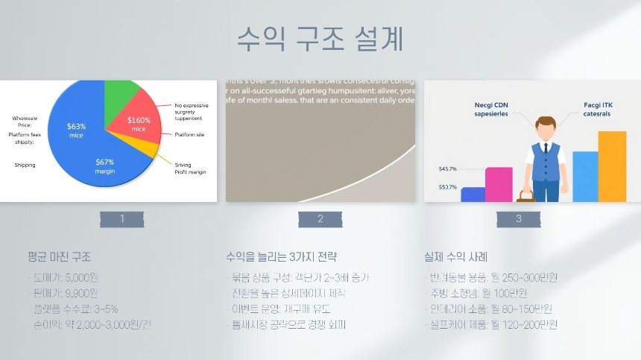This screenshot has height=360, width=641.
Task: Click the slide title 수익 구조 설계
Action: pyautogui.click(x=320, y=38)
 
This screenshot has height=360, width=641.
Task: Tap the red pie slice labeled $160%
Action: pyautogui.click(x=137, y=124)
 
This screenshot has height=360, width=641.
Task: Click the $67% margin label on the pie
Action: pyautogui.click(x=104, y=166)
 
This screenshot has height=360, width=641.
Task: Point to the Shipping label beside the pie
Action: pyautogui.click(x=25, y=165)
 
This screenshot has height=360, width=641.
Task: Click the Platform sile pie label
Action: pyautogui.click(x=189, y=135)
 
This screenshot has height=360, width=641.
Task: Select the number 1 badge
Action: pyautogui.click(x=122, y=219)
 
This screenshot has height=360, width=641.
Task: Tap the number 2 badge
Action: pyautogui.click(x=320, y=219)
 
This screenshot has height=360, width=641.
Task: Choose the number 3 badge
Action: pyautogui.click(x=519, y=219)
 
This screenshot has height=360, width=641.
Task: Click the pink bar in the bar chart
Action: pyautogui.click(x=499, y=184)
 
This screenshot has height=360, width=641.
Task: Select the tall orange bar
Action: pyautogui.click(x=612, y=166)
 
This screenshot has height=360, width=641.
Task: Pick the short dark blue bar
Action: pyautogui.click(x=473, y=194)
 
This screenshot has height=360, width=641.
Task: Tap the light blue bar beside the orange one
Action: pyautogui.click(x=585, y=176)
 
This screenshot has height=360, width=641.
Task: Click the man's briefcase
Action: pyautogui.click(x=527, y=196)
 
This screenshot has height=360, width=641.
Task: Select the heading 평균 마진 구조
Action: pyautogui.click(x=59, y=256)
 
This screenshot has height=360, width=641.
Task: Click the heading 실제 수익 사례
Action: pyautogui.click(x=455, y=256)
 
